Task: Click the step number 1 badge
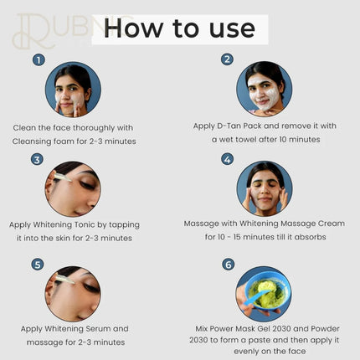point(38,60)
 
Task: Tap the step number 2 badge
point(227,59)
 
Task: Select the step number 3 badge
point(38,159)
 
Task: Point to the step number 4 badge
point(227,158)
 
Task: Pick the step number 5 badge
point(38,264)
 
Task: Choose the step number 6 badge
point(227,264)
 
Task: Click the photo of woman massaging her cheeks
point(265,188)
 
